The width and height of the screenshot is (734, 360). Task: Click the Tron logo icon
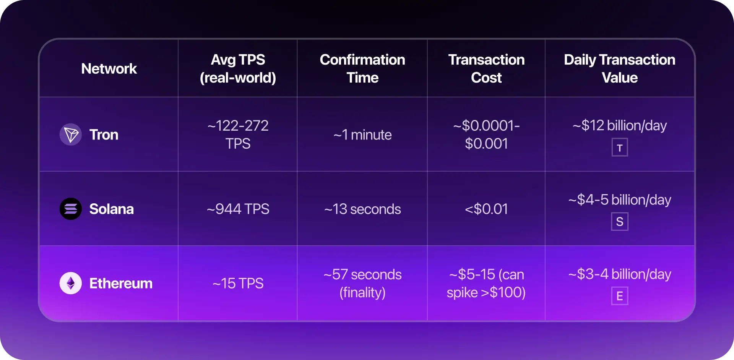point(71,135)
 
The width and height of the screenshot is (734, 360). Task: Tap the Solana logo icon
point(71,209)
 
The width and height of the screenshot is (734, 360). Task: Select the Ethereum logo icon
point(71,283)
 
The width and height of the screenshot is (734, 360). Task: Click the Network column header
point(109,69)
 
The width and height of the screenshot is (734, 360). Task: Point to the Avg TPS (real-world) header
point(238,69)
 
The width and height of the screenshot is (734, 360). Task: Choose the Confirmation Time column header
point(362,69)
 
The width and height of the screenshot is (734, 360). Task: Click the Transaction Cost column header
point(486,69)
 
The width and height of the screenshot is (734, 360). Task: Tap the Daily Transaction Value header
point(620,69)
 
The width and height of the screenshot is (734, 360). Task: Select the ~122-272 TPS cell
point(238,135)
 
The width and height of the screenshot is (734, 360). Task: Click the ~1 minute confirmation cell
point(362,135)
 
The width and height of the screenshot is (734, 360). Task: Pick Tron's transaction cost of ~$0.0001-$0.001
point(486,135)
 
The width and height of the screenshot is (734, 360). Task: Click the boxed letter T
point(620,148)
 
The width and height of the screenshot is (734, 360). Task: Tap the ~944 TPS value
point(238,209)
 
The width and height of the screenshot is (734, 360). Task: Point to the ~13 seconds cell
point(362,209)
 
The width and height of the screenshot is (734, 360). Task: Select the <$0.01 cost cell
point(486,209)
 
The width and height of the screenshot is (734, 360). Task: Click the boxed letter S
point(620,222)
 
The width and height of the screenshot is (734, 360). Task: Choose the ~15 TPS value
point(238,283)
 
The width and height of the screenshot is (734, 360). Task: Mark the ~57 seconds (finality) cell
point(362,283)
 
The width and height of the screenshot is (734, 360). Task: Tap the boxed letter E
point(620,296)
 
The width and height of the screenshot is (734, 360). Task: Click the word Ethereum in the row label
point(121,283)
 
